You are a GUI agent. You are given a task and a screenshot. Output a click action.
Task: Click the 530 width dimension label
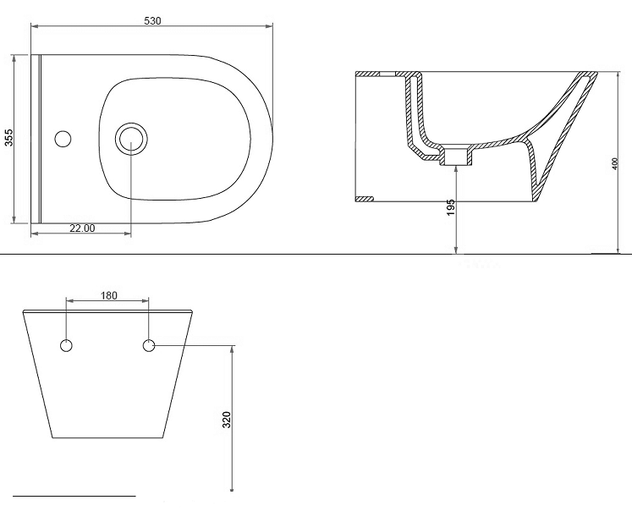tap(152, 21)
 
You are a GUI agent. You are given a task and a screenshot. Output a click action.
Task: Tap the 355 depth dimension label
tap(8, 137)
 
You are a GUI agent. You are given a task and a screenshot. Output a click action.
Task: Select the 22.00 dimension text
tap(82, 228)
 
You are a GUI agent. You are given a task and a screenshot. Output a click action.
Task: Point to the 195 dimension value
tap(451, 206)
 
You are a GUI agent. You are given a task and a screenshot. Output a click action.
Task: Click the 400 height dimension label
tap(614, 163)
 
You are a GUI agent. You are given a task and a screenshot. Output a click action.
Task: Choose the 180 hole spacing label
tap(108, 295)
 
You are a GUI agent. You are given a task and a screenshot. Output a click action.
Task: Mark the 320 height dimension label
tap(227, 420)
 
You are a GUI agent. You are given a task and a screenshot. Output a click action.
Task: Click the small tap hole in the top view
tap(63, 139)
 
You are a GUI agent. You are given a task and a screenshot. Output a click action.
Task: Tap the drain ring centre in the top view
tap(131, 139)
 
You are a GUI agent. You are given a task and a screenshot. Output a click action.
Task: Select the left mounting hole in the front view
tap(66, 345)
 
